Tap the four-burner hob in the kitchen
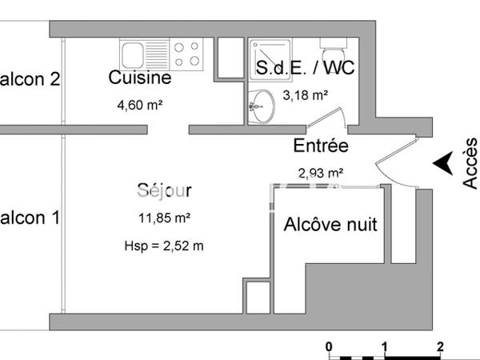tap(187, 54)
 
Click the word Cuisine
tap(139, 78)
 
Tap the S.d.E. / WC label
tap(305, 69)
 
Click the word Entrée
tap(320, 146)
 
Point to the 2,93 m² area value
tap(320, 172)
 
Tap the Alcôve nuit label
tap(330, 224)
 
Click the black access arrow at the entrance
tap(441, 163)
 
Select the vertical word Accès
tap(470, 164)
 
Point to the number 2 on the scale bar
tap(441, 346)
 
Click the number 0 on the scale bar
tap(329, 346)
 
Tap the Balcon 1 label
tap(30, 218)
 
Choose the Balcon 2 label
tap(30, 79)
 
